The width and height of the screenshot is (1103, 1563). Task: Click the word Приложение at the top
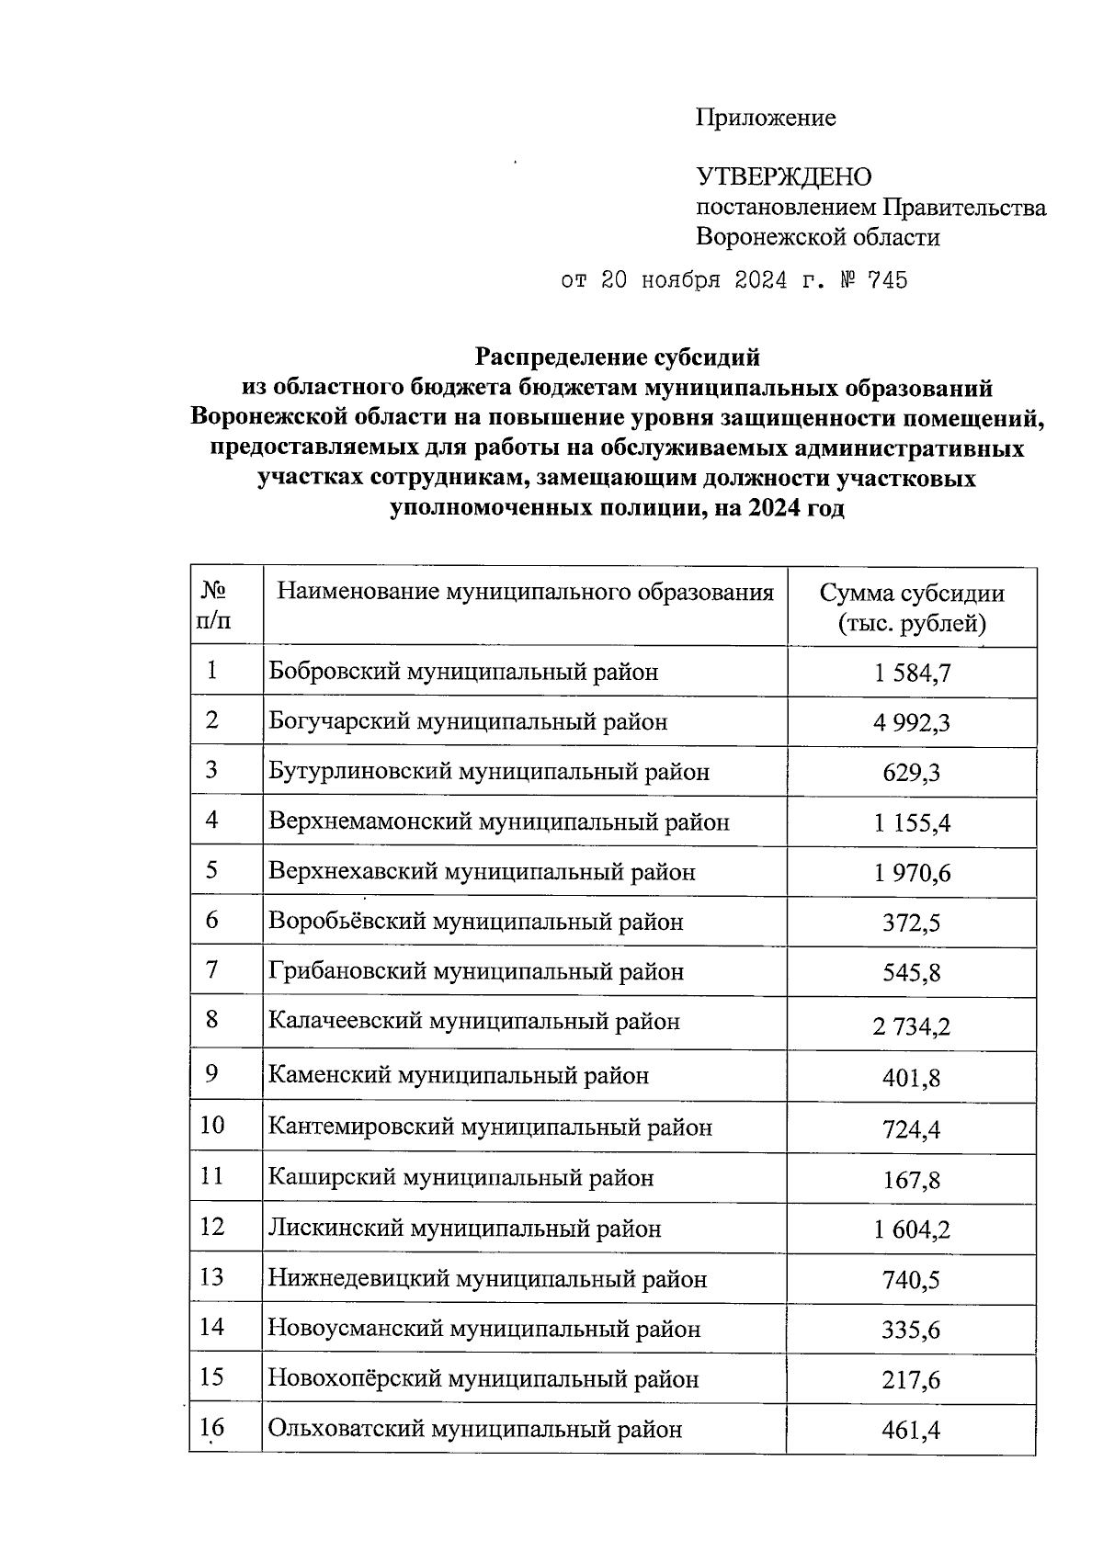pos(766,118)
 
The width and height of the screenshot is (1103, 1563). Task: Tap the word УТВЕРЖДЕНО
pos(784,176)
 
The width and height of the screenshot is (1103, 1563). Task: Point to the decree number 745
pos(886,280)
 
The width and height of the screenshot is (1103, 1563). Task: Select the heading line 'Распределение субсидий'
pos(618,355)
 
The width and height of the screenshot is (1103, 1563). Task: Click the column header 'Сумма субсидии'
pos(912,593)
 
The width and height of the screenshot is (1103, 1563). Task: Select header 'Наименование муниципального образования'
pos(525,592)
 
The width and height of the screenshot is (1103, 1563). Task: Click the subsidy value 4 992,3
pos(912,723)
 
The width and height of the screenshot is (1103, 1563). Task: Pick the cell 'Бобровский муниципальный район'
pos(463,672)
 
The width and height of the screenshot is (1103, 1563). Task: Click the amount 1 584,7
pos(912,673)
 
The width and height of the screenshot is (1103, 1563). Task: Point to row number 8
pos(212,1019)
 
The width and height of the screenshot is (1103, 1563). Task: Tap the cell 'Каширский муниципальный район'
pos(461,1177)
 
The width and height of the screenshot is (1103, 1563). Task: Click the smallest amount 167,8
pos(912,1180)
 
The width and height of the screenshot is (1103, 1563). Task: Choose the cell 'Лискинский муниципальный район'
pos(464,1229)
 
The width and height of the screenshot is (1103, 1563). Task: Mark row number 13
pos(212,1277)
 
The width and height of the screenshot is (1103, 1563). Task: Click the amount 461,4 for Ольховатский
pos(912,1430)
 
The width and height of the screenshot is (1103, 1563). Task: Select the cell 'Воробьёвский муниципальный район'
pos(476,922)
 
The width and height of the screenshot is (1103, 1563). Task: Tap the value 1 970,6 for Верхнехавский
pos(912,873)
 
